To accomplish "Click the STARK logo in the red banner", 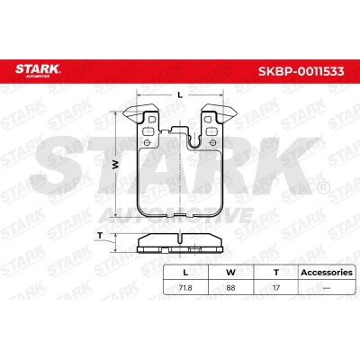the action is click(x=38, y=71).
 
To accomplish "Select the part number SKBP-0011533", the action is click(x=301, y=71).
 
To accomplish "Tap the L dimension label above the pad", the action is click(x=180, y=95).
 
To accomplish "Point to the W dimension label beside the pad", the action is click(x=116, y=165).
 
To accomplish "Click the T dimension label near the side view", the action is click(x=100, y=236).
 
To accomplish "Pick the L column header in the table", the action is click(x=185, y=273).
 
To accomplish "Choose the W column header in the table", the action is click(x=230, y=273).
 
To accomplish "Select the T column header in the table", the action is click(x=276, y=273).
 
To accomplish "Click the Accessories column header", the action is click(x=327, y=273).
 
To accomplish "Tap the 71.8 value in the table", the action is click(x=185, y=288).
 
